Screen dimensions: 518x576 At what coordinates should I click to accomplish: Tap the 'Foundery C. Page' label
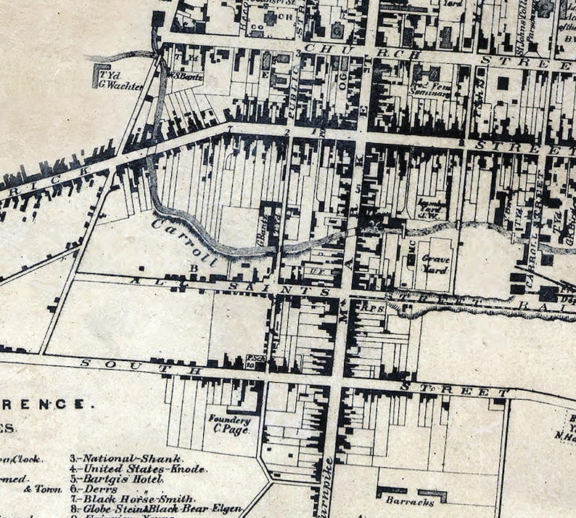[x=229, y=424]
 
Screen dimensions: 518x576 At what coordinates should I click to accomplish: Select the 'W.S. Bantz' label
[x=185, y=74]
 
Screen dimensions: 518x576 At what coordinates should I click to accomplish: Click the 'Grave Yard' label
[x=436, y=264]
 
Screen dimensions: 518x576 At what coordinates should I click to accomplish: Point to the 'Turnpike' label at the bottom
[x=328, y=487]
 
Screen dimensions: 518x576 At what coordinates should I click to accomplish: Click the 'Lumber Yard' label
[x=432, y=208]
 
